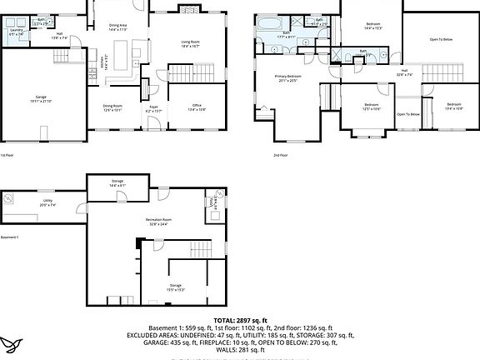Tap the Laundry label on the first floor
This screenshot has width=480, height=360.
pyautogui.click(x=17, y=32)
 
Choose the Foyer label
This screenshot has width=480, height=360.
pyautogui.click(x=153, y=108)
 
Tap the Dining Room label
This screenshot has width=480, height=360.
pyautogui.click(x=113, y=107)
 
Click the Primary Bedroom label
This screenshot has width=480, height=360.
pyautogui.click(x=289, y=78)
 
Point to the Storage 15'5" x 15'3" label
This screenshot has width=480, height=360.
pyautogui.click(x=175, y=287)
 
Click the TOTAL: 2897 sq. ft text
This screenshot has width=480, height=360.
pyautogui.click(x=240, y=320)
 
